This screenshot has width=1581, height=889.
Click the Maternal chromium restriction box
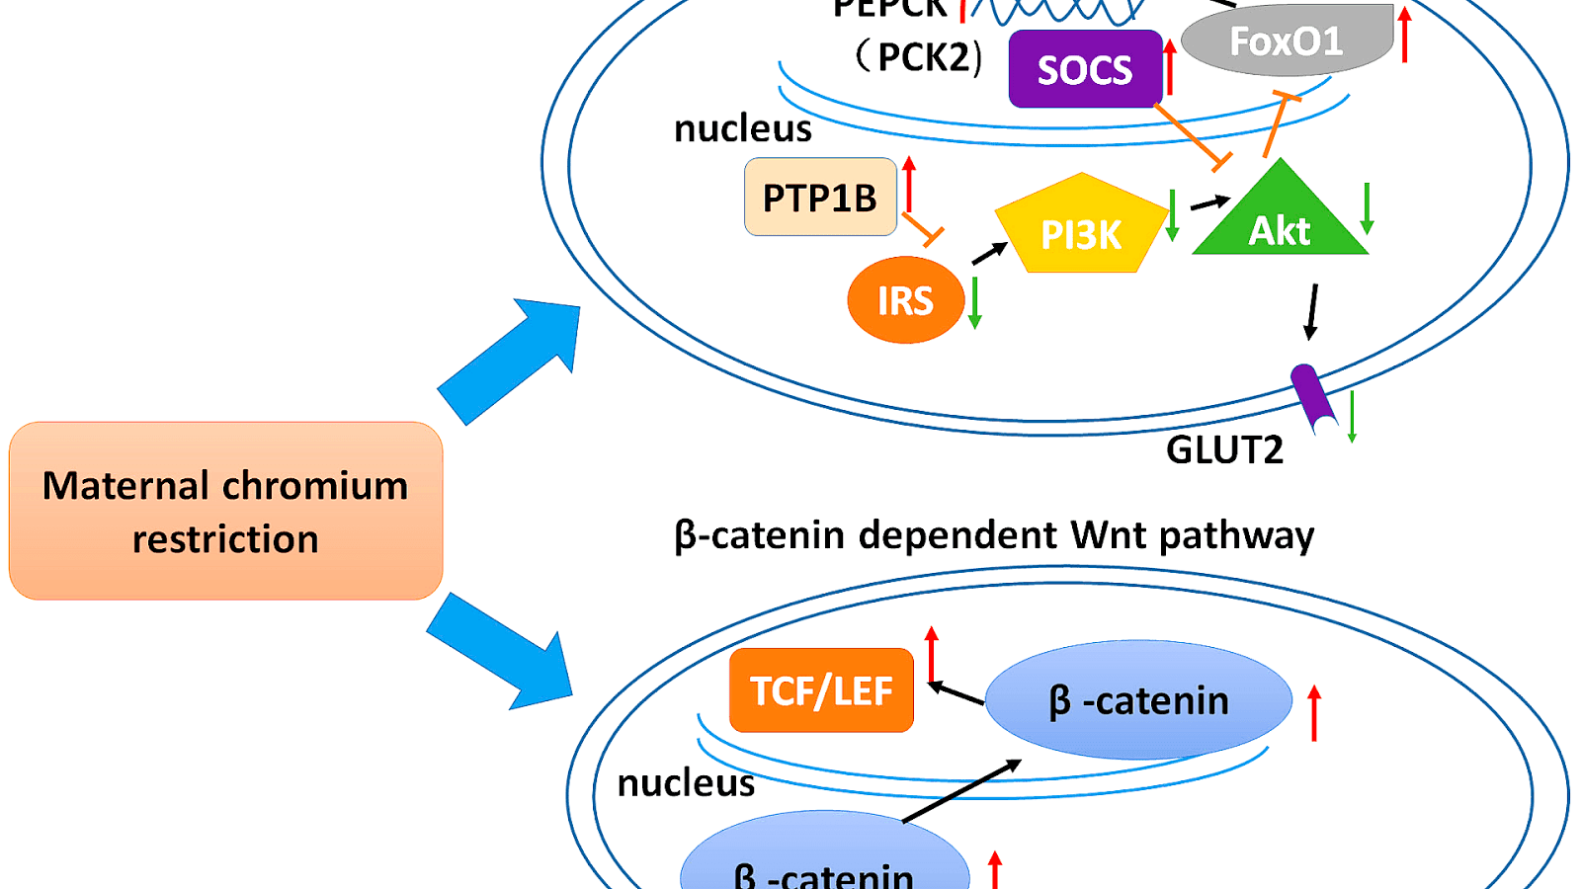[225, 511]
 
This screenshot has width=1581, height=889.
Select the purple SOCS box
[1085, 69]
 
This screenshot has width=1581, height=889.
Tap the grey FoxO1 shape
[1285, 41]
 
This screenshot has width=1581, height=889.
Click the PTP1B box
[820, 198]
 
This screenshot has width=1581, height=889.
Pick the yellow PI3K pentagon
[1081, 228]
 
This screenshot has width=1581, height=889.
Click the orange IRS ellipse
[905, 300]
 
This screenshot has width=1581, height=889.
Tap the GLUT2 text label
[1224, 450]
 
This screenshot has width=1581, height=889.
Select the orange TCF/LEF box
[821, 690]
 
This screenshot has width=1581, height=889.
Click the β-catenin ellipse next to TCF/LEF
[1138, 700]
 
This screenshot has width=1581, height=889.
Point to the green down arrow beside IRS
[974, 302]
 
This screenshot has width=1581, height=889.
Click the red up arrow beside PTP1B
[909, 184]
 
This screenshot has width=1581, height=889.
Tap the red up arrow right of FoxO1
[1404, 34]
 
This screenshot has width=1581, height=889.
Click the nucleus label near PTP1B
[742, 128]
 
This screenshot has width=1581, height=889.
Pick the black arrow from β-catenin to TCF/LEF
[957, 692]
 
